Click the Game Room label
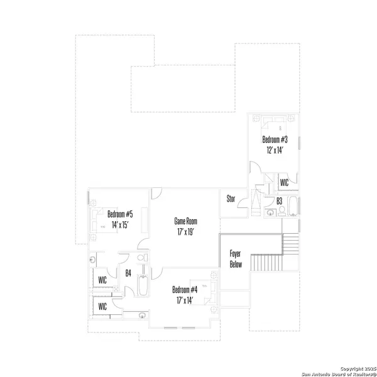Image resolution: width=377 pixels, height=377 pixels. pyautogui.click(x=186, y=221)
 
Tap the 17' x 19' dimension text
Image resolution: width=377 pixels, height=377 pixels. pyautogui.click(x=186, y=232)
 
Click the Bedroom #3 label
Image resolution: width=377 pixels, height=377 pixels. pyautogui.click(x=276, y=139)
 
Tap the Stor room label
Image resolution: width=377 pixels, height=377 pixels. pyautogui.click(x=231, y=199)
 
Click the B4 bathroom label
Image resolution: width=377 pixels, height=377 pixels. pyautogui.click(x=128, y=273)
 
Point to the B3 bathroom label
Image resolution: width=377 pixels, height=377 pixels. pyautogui.click(x=280, y=201)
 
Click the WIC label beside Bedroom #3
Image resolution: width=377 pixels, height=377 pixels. pyautogui.click(x=284, y=183)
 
